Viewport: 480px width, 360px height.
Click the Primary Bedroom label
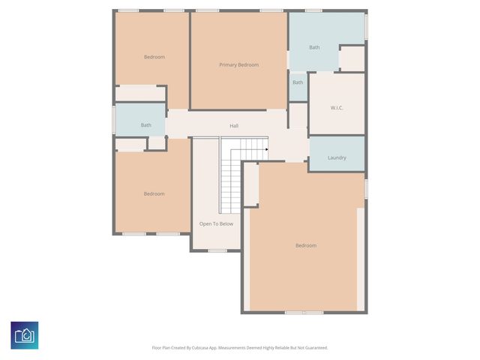[238, 65]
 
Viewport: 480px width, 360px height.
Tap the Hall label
[234, 125]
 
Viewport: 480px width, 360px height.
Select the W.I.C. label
[337, 108]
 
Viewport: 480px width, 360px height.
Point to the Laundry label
[337, 157]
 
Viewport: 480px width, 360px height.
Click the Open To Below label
[216, 223]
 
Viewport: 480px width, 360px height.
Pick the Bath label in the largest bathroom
[314, 47]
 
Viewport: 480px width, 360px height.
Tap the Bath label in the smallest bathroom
[298, 82]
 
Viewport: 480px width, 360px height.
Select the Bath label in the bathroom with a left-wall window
[145, 125]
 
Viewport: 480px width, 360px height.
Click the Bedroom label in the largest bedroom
[306, 245]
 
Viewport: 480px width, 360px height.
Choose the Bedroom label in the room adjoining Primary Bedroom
[154, 57]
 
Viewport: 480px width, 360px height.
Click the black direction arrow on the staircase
[266, 148]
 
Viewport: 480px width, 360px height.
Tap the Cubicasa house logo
[25, 334]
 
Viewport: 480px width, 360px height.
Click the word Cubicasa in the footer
[202, 347]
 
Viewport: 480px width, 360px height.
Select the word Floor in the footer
[157, 347]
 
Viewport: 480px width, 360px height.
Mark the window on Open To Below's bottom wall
[217, 250]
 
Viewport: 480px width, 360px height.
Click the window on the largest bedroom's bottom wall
[304, 312]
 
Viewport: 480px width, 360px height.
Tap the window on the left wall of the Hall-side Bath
[114, 120]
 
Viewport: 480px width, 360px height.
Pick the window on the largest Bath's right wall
[366, 28]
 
